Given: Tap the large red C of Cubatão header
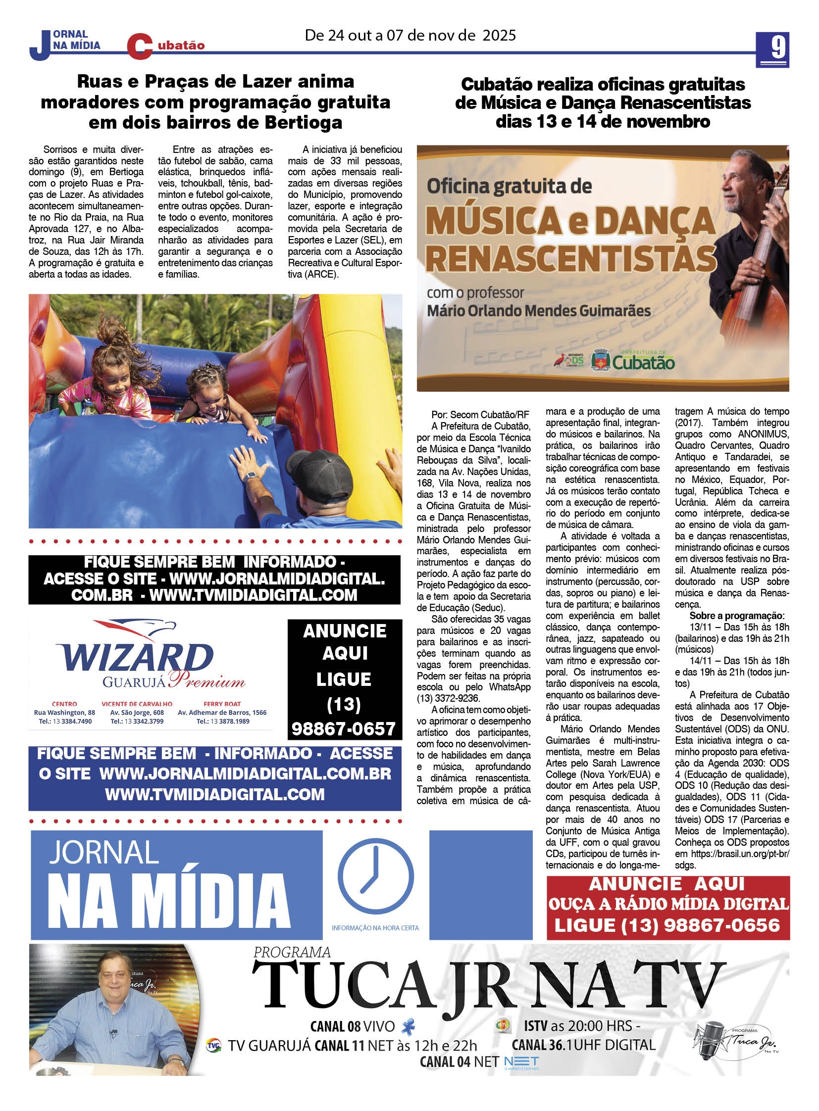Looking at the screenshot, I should coord(139,47).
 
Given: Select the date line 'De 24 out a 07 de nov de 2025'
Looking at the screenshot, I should coord(410,35).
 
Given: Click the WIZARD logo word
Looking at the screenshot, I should coord(134,658).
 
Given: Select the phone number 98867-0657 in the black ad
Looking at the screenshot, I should coord(344,728).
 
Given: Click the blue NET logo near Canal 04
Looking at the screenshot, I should coord(521,1062).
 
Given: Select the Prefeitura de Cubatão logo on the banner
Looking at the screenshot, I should coord(643,361).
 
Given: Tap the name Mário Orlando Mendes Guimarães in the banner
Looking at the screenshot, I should coord(538,311).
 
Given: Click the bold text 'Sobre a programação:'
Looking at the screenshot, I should coord(737,616).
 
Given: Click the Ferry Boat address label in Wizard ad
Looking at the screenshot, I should coord(222,704).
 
